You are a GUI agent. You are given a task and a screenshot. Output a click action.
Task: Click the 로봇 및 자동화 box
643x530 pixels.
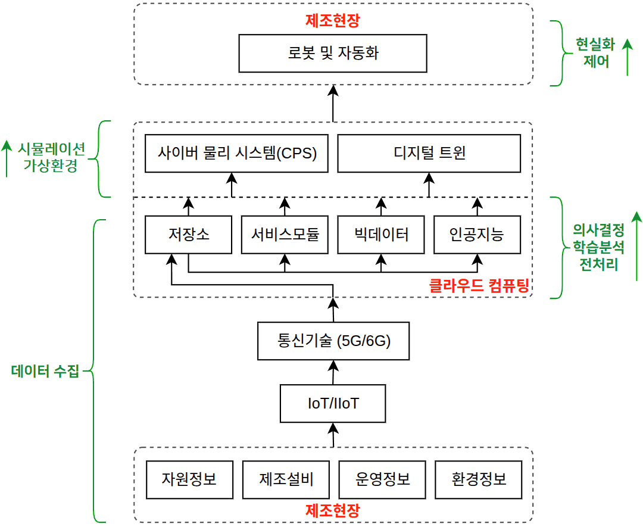point(333,54)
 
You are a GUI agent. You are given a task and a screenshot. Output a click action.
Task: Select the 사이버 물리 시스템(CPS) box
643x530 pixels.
point(236,154)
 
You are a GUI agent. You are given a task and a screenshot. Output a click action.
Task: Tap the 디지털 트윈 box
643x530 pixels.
point(429,154)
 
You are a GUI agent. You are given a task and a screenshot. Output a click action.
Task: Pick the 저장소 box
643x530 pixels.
point(188,235)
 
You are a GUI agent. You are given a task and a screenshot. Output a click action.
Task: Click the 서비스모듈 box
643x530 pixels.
point(285,235)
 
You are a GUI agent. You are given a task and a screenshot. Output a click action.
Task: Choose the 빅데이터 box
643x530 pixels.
point(381,235)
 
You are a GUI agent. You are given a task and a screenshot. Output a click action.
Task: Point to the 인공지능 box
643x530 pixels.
point(477,235)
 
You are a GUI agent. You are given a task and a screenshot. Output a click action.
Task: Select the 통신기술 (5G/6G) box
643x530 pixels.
point(333,341)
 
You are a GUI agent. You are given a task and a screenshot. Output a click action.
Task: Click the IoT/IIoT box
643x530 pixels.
point(333,403)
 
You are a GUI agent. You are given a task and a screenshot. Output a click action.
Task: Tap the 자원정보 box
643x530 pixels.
point(189,479)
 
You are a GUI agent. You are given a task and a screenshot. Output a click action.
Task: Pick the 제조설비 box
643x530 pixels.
point(286,479)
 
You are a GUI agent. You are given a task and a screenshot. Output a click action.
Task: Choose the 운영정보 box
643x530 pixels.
point(382,479)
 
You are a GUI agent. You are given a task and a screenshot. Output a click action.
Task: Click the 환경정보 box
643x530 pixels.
point(479,479)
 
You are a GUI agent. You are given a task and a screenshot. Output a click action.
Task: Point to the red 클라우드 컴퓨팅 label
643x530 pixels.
point(479,285)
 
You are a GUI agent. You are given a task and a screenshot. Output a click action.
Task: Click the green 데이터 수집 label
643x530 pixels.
point(45,371)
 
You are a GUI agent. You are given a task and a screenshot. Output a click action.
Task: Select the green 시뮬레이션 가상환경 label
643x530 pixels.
point(51,157)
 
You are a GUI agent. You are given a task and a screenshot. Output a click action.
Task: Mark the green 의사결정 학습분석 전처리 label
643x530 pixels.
point(598,247)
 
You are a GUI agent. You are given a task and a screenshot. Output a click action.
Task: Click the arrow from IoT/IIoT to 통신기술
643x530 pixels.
point(333,372)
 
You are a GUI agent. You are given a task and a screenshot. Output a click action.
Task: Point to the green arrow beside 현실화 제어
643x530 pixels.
point(628,57)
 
